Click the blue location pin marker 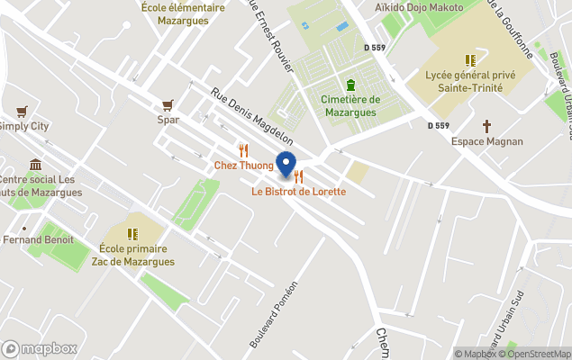[286, 165]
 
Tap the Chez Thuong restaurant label [243, 166]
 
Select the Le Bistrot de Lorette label [298, 192]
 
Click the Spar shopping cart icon [167, 105]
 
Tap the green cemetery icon [350, 85]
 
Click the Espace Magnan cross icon [487, 127]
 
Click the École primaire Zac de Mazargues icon [132, 234]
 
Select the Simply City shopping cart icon [22, 112]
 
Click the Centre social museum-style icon [35, 165]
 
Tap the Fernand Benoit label [39, 240]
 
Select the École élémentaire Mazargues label [183, 13]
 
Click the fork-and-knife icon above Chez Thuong [243, 150]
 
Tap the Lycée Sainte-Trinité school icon [470, 60]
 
